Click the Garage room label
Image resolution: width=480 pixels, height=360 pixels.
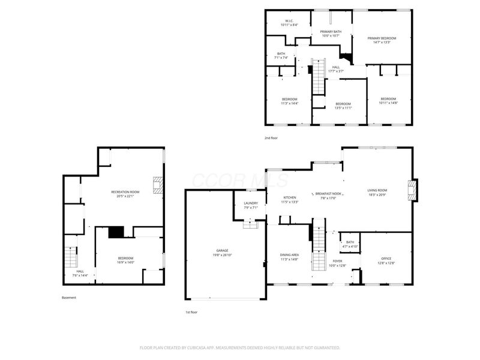click(x=223, y=253)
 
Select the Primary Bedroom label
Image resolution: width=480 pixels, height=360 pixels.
click(x=382, y=40)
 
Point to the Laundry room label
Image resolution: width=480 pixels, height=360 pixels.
click(x=251, y=205)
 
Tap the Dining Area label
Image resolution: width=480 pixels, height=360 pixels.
click(x=289, y=257)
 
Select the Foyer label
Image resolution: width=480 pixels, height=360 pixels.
click(x=338, y=263)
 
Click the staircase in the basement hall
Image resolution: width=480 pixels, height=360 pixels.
click(x=71, y=257)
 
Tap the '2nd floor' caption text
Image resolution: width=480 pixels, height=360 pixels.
click(x=271, y=138)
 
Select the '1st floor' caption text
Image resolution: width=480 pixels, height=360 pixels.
click(x=191, y=313)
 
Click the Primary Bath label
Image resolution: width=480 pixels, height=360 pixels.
click(x=331, y=34)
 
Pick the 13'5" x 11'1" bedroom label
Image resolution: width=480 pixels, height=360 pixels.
click(x=343, y=106)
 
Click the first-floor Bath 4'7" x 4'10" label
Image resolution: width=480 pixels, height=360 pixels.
click(x=350, y=244)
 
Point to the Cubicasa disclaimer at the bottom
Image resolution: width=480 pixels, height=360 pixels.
click(x=240, y=347)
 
